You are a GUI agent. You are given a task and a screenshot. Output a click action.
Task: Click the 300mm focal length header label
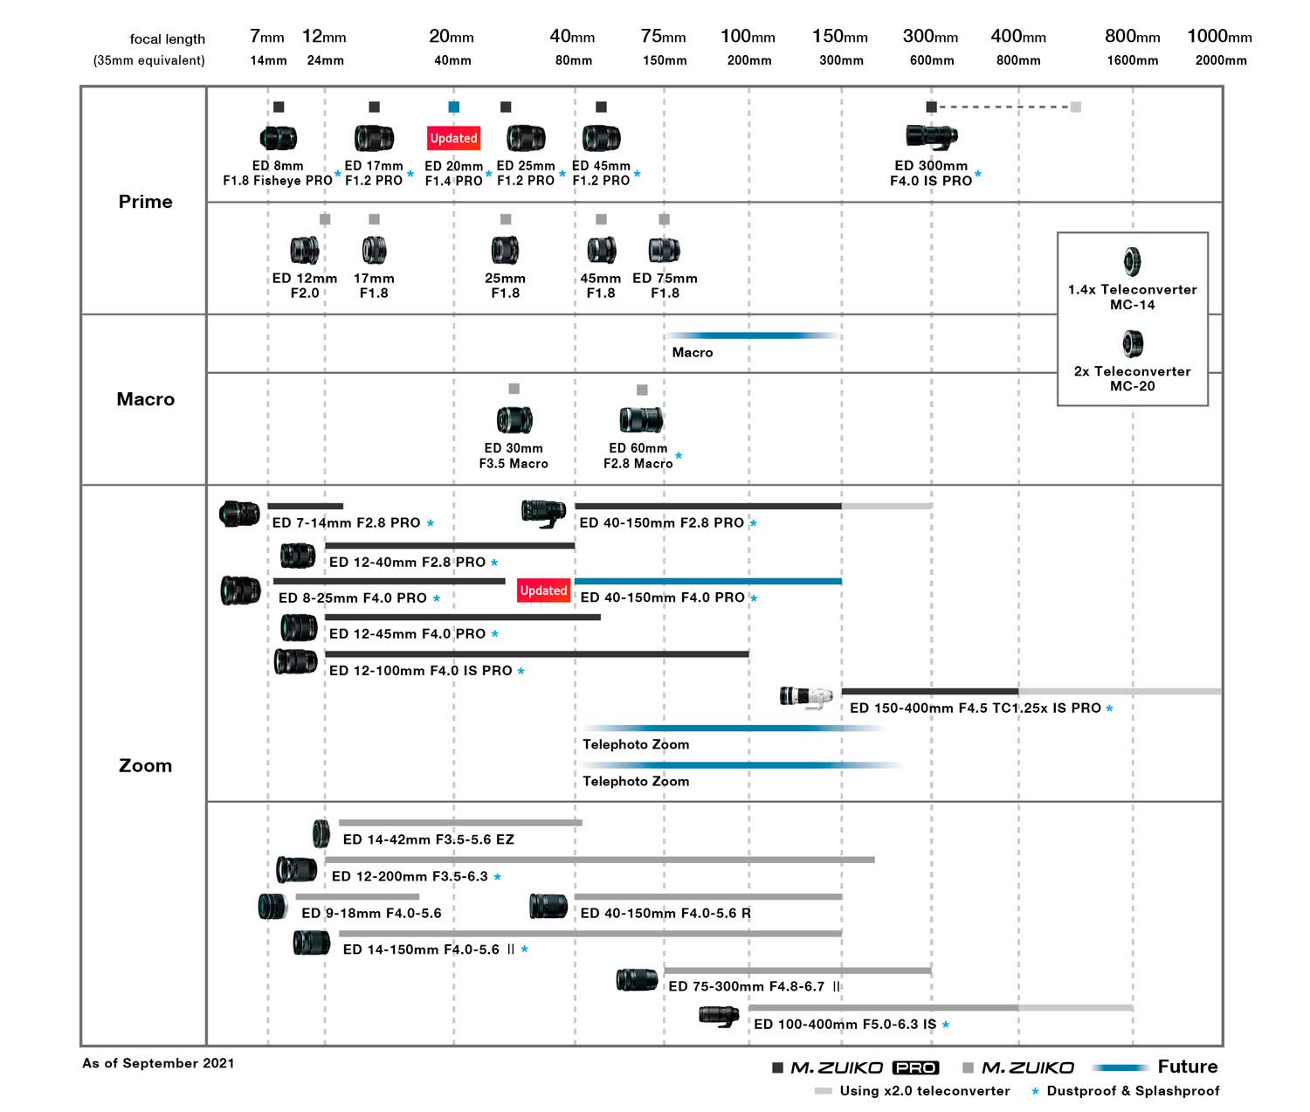[930, 37]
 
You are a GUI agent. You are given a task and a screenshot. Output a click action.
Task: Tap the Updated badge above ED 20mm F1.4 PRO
[453, 138]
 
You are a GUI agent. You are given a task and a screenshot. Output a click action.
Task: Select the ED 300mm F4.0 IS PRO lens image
[931, 135]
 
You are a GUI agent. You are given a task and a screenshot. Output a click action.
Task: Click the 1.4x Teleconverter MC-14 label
[1132, 297]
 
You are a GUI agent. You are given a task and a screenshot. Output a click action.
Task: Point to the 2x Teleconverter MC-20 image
[1132, 343]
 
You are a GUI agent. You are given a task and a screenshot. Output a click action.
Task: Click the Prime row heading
[145, 202]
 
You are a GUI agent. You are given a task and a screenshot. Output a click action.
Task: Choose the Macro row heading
[145, 399]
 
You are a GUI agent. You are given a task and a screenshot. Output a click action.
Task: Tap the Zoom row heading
[145, 766]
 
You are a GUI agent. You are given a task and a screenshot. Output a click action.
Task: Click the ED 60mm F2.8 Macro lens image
[640, 419]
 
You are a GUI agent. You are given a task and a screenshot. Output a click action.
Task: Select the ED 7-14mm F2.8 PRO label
[346, 523]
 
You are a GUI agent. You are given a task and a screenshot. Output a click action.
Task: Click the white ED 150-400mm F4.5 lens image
[805, 697]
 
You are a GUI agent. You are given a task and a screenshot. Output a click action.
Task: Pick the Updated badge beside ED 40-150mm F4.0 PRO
[543, 591]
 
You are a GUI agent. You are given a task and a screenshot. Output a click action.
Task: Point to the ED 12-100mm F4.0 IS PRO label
[420, 671]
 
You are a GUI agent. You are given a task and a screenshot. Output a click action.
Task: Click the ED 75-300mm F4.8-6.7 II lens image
[637, 980]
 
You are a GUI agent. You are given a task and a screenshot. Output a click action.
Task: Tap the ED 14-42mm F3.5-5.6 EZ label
[428, 839]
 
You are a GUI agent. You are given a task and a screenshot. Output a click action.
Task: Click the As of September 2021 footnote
[158, 1063]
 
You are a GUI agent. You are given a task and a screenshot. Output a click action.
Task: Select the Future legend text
[1187, 1067]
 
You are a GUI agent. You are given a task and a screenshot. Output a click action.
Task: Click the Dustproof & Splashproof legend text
[1133, 1091]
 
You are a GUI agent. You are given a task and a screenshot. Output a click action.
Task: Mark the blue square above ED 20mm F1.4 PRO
[453, 107]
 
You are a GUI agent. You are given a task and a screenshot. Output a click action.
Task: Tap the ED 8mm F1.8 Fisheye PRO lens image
[279, 137]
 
